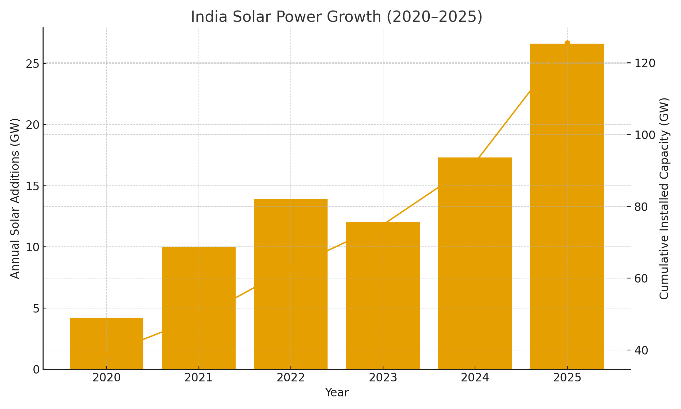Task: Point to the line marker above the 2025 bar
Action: pyautogui.click(x=567, y=43)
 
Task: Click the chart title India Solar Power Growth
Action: pyautogui.click(x=336, y=17)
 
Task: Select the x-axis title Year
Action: pyautogui.click(x=337, y=393)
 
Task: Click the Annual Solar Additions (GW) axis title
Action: pyautogui.click(x=15, y=198)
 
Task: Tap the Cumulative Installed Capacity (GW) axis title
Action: pyautogui.click(x=664, y=198)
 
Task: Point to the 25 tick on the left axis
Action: pyautogui.click(x=33, y=64)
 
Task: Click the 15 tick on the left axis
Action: pyautogui.click(x=33, y=186)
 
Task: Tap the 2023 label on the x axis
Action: pyautogui.click(x=383, y=378)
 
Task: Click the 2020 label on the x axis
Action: pyautogui.click(x=107, y=378)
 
